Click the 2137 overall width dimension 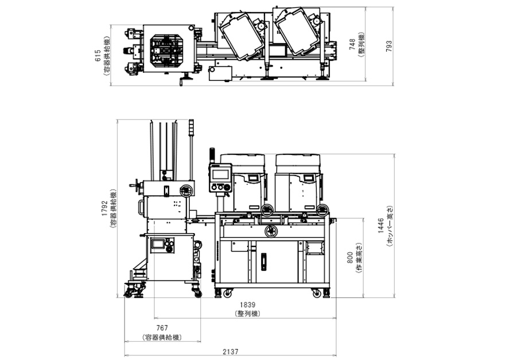pyautogui.click(x=230, y=352)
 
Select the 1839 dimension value pyautogui.click(x=247, y=305)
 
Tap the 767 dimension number pyautogui.click(x=162, y=328)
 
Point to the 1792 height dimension pyautogui.click(x=105, y=208)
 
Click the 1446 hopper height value pyautogui.click(x=381, y=226)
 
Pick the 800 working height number pyautogui.click(x=350, y=257)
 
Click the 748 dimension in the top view pyautogui.click(x=352, y=44)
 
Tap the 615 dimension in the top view pyautogui.click(x=98, y=56)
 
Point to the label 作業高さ pyautogui.click(x=359, y=258)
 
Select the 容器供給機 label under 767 pyautogui.click(x=162, y=338)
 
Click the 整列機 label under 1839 pyautogui.click(x=247, y=313)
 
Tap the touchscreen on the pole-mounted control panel pyautogui.click(x=221, y=174)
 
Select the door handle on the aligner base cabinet pyautogui.click(x=264, y=262)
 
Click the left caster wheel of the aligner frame pyautogui.click(x=227, y=293)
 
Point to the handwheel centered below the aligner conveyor pyautogui.click(x=270, y=231)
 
